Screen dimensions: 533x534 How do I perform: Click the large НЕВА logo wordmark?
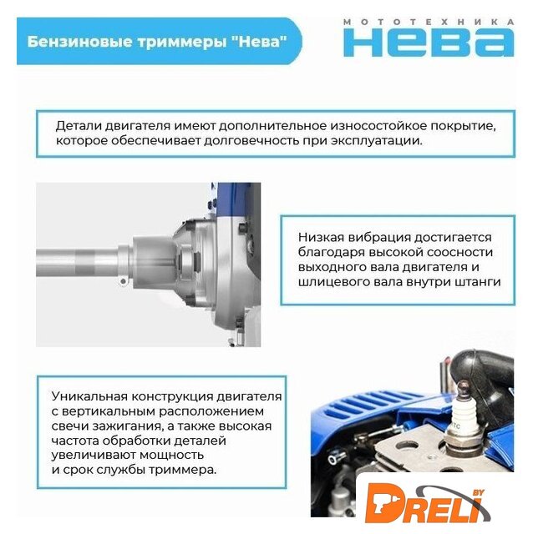coord(429,43)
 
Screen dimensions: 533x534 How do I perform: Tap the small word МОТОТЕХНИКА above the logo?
coord(429,23)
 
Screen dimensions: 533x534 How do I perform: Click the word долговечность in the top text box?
coord(251,141)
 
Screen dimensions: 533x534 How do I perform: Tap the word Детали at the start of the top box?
coord(79,126)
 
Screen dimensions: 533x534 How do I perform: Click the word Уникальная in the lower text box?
coord(89,396)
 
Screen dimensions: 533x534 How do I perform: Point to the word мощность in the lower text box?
coord(171,456)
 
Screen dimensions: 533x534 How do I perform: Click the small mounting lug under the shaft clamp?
coord(123,281)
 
